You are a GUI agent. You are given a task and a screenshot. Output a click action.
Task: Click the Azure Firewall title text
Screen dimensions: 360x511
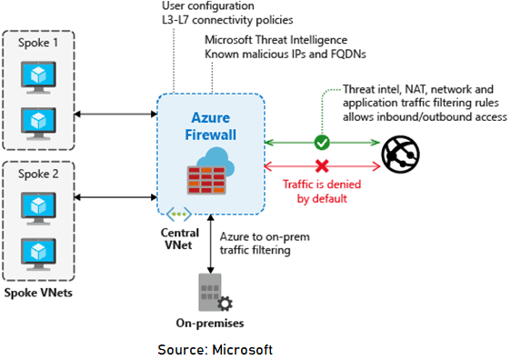(x=211, y=126)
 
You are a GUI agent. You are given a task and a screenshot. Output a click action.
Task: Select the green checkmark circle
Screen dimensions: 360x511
(x=320, y=142)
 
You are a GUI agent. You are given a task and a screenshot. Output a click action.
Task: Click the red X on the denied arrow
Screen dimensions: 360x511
(x=320, y=166)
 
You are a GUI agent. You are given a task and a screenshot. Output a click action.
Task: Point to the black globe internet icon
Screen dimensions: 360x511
(x=401, y=155)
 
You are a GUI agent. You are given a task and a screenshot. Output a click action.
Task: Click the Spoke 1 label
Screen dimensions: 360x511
(x=37, y=44)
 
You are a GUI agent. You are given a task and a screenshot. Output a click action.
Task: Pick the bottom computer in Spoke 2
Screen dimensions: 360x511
(x=37, y=250)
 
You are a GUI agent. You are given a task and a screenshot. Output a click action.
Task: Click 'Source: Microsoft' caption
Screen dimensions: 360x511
(x=214, y=349)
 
